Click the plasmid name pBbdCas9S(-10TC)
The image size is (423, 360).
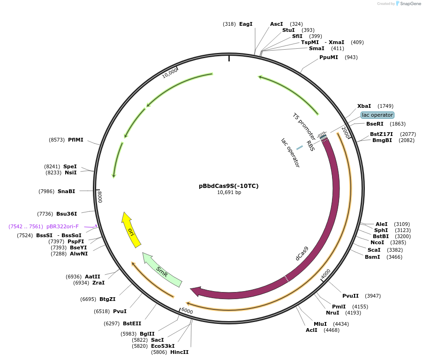pyautogui.click(x=228, y=186)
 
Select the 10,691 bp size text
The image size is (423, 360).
pyautogui.click(x=228, y=193)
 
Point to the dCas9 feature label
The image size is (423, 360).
pyautogui.click(x=302, y=253)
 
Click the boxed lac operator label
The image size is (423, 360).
pyautogui.click(x=378, y=115)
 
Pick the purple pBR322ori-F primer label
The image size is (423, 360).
pyautogui.click(x=62, y=226)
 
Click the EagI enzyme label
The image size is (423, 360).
pyautogui.click(x=246, y=24)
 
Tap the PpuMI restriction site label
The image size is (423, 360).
pyautogui.click(x=329, y=57)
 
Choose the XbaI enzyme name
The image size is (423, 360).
pyautogui.click(x=364, y=106)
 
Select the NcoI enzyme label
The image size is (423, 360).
pyautogui.click(x=377, y=242)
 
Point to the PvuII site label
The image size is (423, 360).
pyautogui.click(x=350, y=296)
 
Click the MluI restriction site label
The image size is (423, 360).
pyautogui.click(x=320, y=324)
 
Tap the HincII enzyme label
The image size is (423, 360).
pyautogui.click(x=179, y=352)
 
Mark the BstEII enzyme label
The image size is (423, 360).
pyautogui.click(x=132, y=323)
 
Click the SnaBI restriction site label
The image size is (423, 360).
pyautogui.click(x=66, y=191)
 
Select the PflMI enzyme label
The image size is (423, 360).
pyautogui.click(x=76, y=140)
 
